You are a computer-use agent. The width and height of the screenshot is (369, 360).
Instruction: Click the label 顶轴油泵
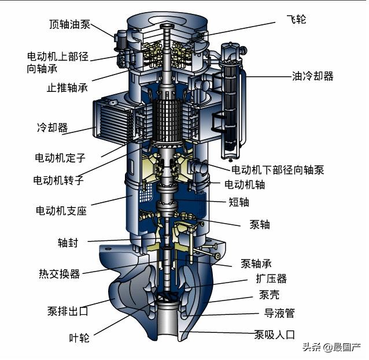(69, 24)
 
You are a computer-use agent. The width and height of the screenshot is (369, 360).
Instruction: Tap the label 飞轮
(296, 19)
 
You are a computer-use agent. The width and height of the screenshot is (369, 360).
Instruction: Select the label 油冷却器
(313, 76)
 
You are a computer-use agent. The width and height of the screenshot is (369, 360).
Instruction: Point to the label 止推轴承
(67, 88)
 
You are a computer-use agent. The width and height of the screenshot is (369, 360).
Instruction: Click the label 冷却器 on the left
(53, 128)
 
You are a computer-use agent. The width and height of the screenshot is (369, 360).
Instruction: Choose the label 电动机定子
(60, 158)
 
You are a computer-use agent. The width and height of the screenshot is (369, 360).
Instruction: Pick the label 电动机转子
(58, 180)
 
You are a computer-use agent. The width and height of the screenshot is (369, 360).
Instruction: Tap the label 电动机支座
(61, 210)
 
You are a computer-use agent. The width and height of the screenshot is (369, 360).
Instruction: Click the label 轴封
(68, 243)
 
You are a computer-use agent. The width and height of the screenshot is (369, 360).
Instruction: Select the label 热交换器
(60, 274)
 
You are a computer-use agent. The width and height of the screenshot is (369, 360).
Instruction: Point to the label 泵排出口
(68, 311)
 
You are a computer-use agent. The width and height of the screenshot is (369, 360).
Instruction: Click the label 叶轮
(79, 338)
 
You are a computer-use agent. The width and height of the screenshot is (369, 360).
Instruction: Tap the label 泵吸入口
(274, 335)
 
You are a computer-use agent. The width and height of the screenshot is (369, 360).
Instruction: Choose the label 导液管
(279, 313)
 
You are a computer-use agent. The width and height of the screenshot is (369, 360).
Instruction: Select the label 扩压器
(271, 279)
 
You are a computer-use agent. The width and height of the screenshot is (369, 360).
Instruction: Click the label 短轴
(239, 202)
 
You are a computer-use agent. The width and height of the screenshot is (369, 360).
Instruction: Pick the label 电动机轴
(245, 184)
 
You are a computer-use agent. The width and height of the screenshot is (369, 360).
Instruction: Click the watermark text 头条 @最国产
(331, 347)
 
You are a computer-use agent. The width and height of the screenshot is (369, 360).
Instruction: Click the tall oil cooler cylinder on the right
(231, 101)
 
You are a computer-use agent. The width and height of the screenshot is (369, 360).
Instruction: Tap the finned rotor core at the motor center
(167, 120)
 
